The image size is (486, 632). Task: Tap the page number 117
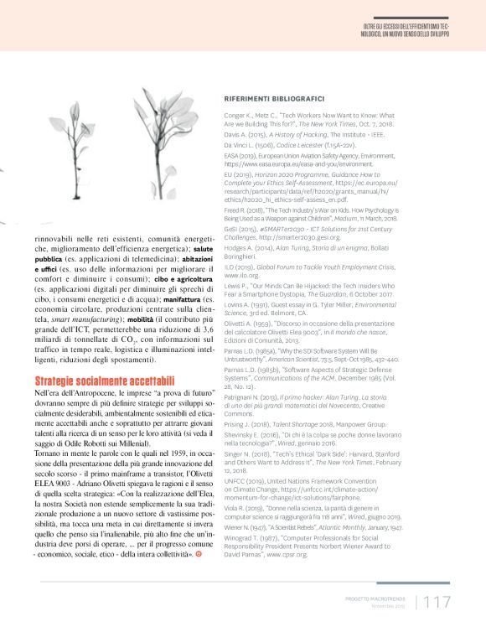click(x=438, y=601)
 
